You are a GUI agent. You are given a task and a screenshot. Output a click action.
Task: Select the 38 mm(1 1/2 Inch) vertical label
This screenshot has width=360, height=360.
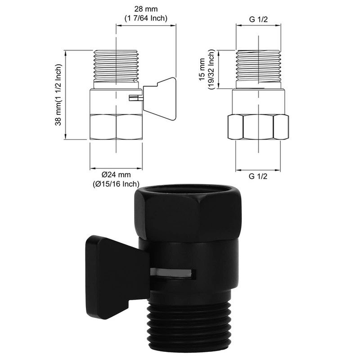click(58, 95)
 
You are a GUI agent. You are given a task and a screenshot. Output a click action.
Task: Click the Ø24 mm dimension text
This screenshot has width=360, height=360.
click(116, 174)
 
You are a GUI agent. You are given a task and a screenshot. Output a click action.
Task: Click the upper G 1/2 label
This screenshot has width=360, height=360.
click(258, 19)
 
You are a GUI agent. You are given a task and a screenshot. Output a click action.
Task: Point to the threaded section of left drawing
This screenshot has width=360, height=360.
click(116, 67)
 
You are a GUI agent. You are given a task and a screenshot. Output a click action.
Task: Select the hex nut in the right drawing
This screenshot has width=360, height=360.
click(258, 128)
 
